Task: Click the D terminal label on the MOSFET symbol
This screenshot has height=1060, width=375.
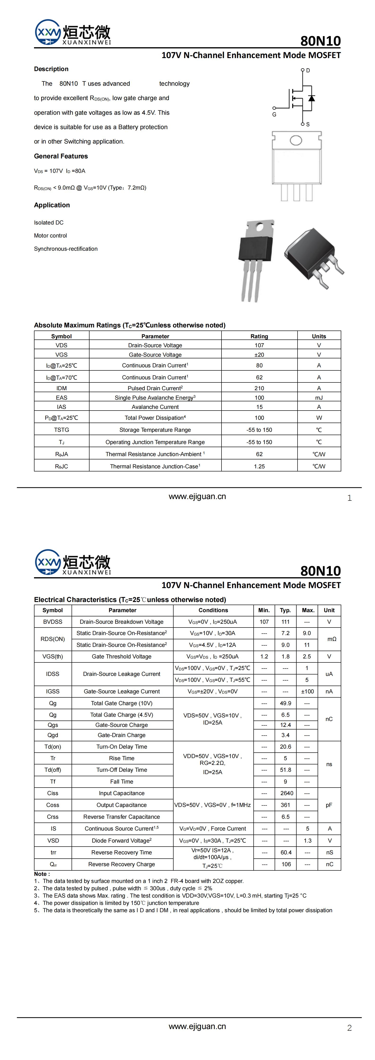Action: point(308,70)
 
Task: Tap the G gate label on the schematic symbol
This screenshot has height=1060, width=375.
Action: point(274,114)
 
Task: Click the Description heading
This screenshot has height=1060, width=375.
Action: point(51,69)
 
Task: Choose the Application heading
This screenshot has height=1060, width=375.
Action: point(52,205)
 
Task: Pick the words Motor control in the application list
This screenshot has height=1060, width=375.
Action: point(50,235)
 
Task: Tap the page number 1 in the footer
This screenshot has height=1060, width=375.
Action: point(349,498)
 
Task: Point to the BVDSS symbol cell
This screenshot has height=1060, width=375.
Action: point(53,622)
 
